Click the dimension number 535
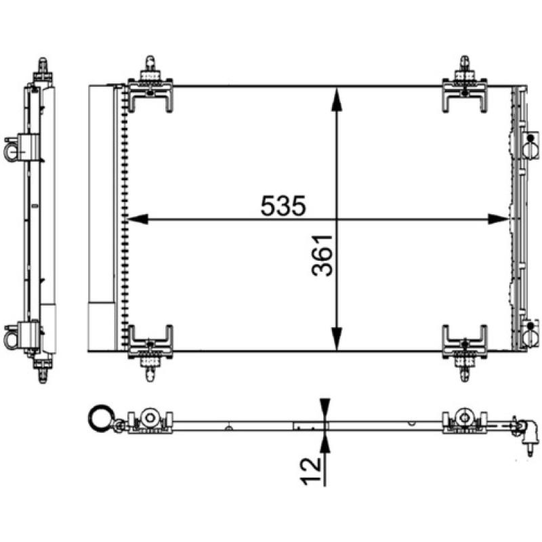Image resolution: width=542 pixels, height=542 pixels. pyautogui.click(x=283, y=205)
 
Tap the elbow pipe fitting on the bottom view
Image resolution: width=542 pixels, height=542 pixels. pyautogui.click(x=528, y=431)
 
